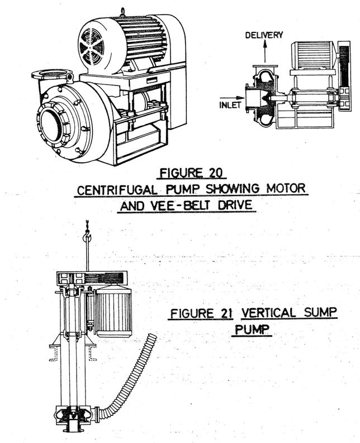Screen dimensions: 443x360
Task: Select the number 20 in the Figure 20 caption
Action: [x=209, y=171]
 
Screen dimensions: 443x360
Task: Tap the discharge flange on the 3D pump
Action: [x=52, y=74]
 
